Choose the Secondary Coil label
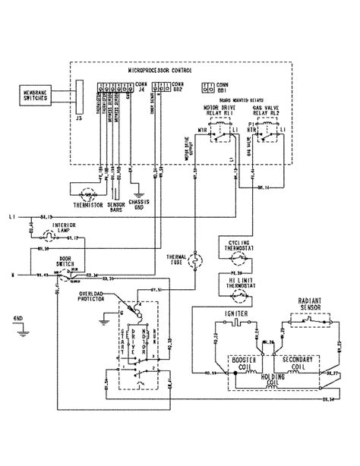click(x=298, y=341)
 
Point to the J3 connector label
click(x=76, y=117)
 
